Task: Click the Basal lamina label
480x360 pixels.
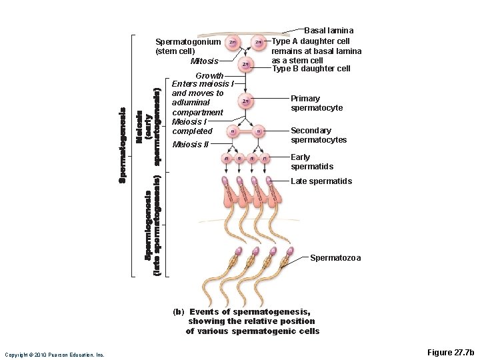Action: (x=329, y=31)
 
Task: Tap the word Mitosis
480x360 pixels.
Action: (x=204, y=61)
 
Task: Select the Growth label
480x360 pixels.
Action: (x=209, y=75)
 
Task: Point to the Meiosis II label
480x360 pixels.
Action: (x=191, y=145)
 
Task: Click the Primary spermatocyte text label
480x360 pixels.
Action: (x=317, y=103)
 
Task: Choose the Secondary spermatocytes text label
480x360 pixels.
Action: (x=319, y=135)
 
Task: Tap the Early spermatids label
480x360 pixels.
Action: (x=312, y=162)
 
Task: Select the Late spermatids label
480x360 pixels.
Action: (x=321, y=181)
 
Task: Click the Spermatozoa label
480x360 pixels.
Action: (x=335, y=258)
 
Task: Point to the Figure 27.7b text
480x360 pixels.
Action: (x=449, y=352)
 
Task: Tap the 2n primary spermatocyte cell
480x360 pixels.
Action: (x=246, y=101)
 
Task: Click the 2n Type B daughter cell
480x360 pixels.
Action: (x=246, y=64)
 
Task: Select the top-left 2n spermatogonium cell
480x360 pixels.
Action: (x=231, y=43)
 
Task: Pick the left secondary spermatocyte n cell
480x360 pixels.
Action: (x=231, y=131)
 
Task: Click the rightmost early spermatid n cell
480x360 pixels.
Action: (x=265, y=159)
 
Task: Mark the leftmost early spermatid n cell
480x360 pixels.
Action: (x=227, y=159)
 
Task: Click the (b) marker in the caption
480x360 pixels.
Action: (x=177, y=311)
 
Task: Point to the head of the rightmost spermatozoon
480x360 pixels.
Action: (x=289, y=252)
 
